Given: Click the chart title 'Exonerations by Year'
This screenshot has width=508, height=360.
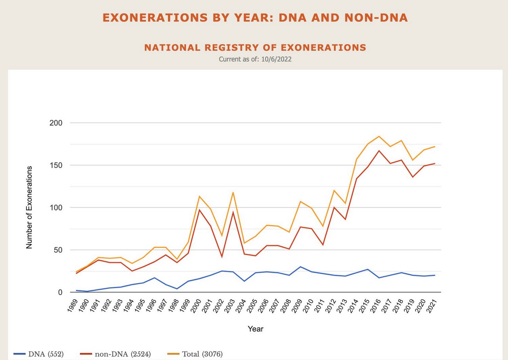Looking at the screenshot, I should coord(255,18).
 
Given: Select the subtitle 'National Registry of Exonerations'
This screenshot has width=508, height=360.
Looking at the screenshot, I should coord(255,48).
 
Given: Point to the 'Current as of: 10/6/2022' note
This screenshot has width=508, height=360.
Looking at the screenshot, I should coord(255,59).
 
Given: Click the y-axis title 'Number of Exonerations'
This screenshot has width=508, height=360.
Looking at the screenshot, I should coord(29,207).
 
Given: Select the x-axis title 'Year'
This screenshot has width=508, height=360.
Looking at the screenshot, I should coord(255,328).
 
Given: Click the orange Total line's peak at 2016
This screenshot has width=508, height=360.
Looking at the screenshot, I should coord(379,136).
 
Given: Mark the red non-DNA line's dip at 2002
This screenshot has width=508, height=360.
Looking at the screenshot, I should coord(221,257).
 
